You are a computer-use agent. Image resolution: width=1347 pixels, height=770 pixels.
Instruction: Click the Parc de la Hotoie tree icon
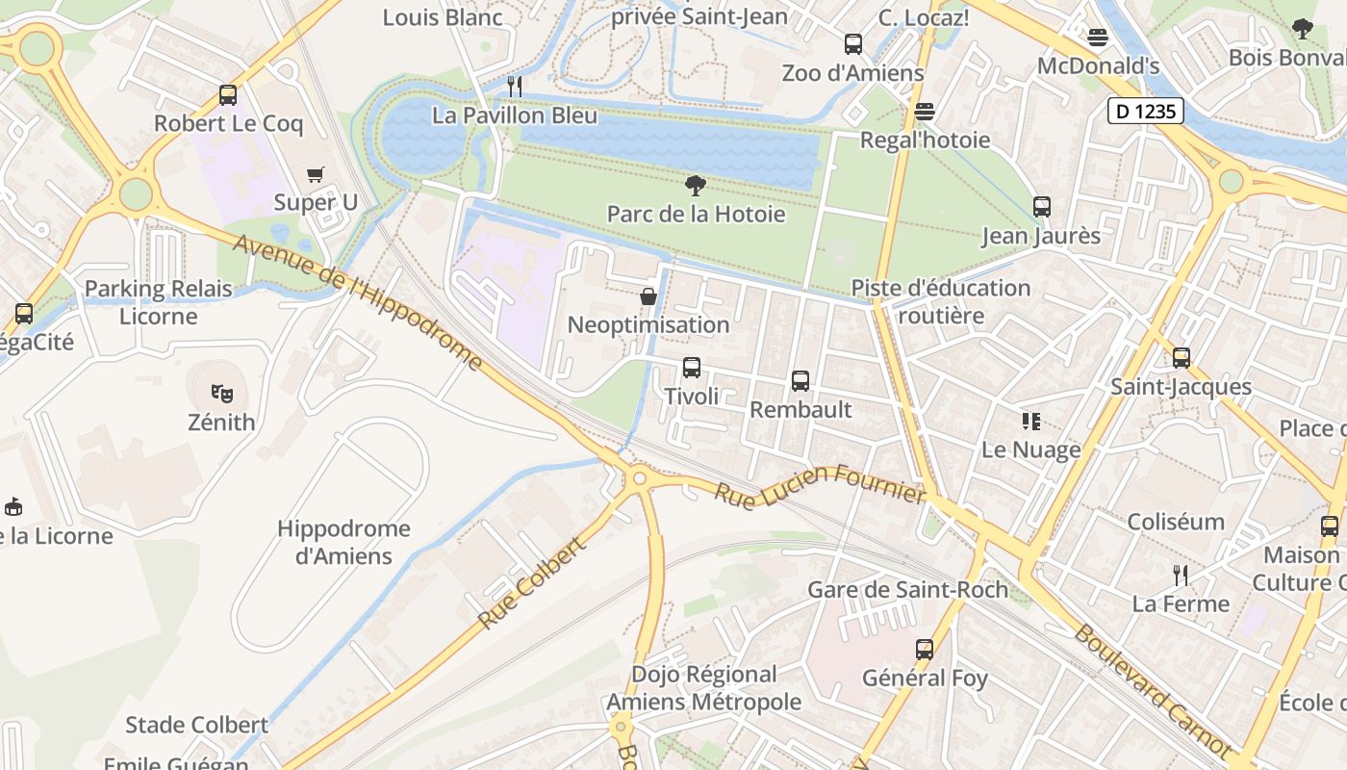(x=695, y=186)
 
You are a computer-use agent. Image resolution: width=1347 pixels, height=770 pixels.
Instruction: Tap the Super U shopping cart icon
(x=316, y=174)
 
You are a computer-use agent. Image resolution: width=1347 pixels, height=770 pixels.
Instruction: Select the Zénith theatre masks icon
(x=222, y=393)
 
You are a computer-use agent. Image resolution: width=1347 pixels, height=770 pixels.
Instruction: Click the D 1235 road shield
(x=1145, y=112)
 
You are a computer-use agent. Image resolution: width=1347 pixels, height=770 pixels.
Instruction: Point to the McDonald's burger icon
(x=1098, y=38)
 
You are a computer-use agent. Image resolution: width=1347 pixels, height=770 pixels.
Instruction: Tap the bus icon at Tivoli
(x=691, y=368)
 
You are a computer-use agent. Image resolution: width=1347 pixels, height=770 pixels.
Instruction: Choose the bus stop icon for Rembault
(x=801, y=381)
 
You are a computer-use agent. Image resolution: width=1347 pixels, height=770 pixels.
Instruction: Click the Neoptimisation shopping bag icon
(x=648, y=295)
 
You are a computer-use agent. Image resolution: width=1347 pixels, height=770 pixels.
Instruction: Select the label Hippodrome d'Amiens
(x=343, y=542)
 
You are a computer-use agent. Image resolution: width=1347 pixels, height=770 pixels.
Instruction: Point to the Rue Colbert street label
(x=531, y=584)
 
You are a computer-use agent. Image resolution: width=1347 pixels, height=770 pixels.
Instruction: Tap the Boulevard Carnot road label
(x=1152, y=689)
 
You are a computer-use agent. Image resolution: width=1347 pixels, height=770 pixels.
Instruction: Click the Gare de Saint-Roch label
(x=907, y=589)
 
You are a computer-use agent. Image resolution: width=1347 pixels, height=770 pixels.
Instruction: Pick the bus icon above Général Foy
(x=925, y=650)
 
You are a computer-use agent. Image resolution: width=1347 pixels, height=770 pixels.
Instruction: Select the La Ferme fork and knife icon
(x=1181, y=576)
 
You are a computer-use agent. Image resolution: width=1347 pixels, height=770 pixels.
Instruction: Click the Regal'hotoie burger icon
(x=925, y=112)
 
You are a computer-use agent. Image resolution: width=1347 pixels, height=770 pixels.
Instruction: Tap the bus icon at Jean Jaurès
(x=1041, y=207)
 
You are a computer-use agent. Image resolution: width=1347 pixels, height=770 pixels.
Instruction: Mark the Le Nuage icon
(x=1031, y=422)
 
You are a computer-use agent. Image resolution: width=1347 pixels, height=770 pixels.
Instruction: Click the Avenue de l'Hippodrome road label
(x=358, y=301)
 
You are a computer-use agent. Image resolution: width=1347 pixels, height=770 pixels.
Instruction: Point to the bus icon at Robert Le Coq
(x=228, y=95)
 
